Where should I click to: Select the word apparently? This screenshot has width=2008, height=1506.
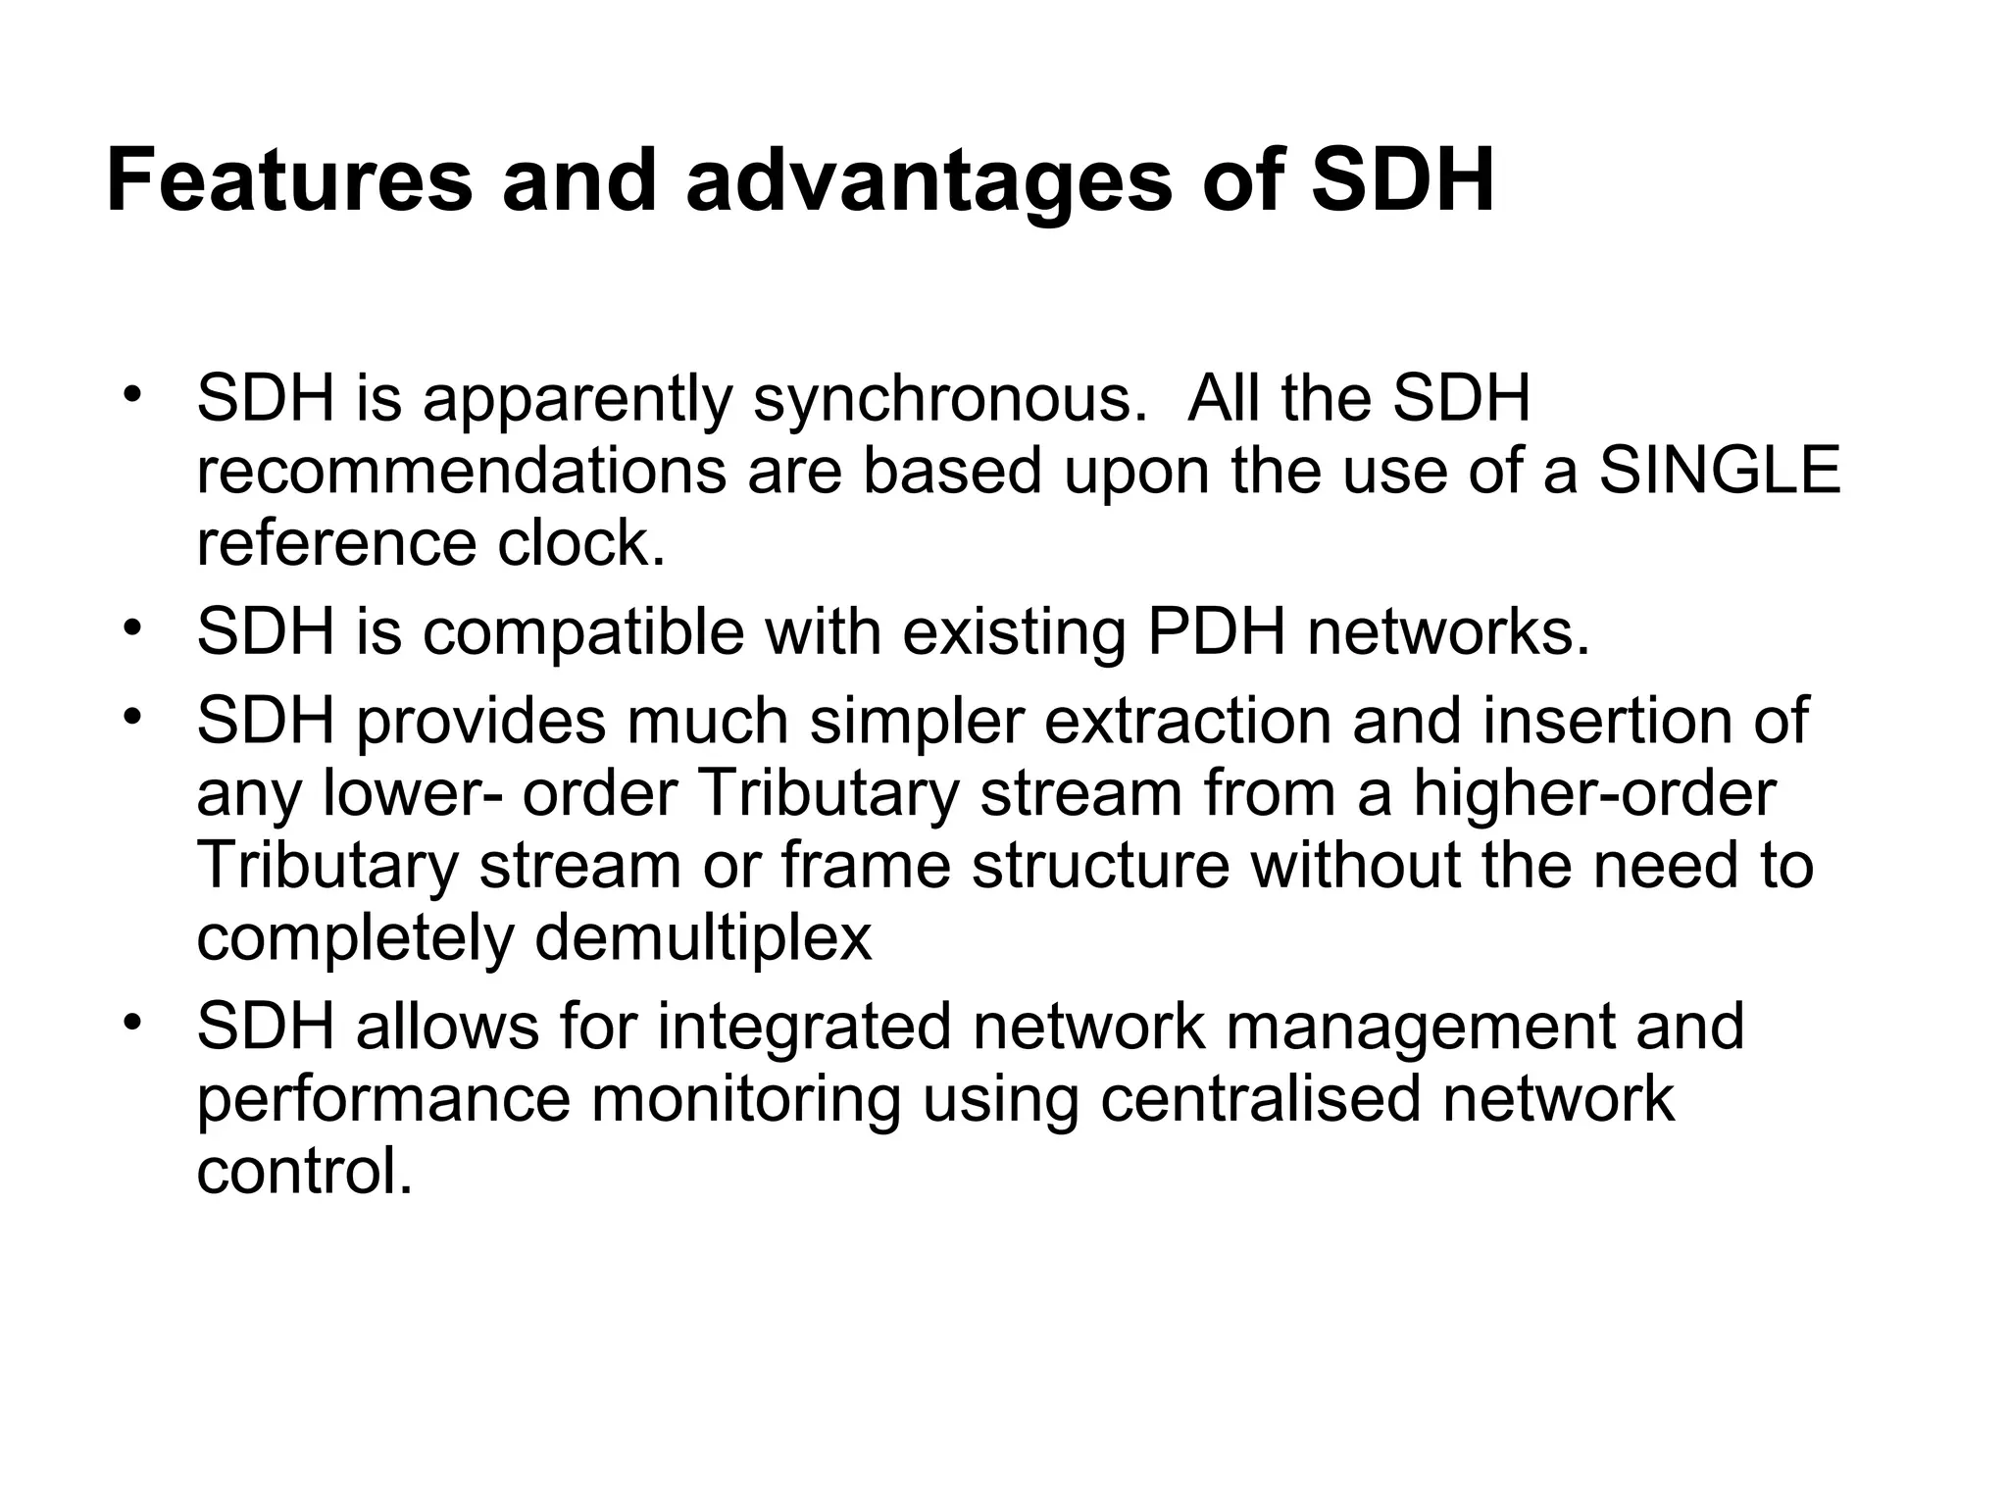(x=577, y=401)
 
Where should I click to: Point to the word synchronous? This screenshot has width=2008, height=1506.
(x=949, y=401)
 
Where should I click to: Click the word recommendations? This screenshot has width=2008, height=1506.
(x=461, y=471)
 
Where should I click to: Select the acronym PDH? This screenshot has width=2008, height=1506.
(x=1215, y=632)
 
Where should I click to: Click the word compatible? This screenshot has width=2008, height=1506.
(x=583, y=632)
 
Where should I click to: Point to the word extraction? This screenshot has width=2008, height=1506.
(x=1186, y=722)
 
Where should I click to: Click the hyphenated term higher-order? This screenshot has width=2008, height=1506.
(x=1593, y=793)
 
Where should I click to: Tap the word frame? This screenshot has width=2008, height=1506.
(x=866, y=865)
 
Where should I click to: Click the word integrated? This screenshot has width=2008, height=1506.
(x=804, y=1027)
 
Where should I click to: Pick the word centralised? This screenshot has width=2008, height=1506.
(x=1260, y=1098)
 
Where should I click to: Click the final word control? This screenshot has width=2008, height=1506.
(x=304, y=1170)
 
